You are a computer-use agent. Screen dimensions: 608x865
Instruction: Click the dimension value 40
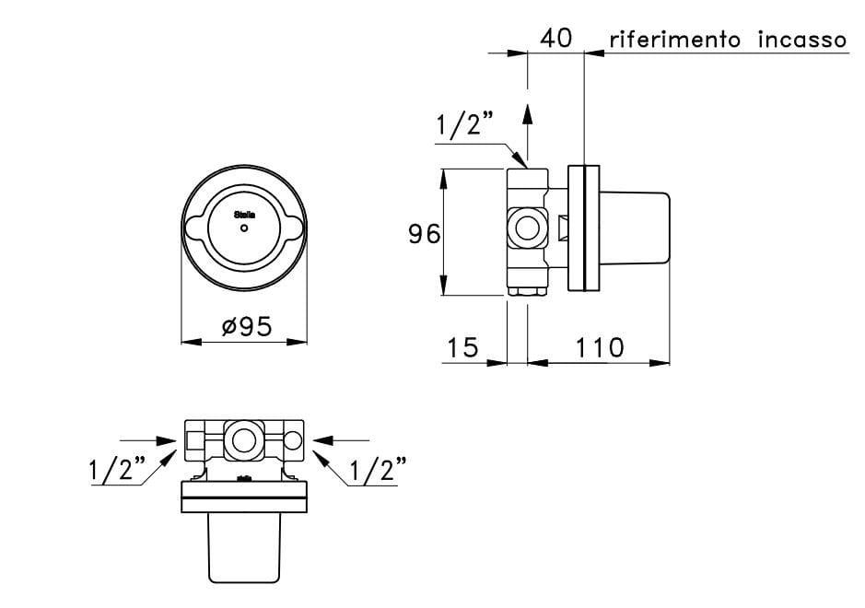point(556,39)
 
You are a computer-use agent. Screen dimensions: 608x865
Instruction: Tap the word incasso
point(801,40)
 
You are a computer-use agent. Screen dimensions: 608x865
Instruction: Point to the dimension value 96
point(424,234)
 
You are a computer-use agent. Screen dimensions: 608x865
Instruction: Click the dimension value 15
point(463,347)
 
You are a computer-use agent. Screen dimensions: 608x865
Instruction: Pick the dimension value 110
point(600,347)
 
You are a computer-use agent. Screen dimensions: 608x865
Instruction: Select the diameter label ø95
point(247,327)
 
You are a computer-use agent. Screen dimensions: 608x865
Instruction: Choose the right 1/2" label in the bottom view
point(374,470)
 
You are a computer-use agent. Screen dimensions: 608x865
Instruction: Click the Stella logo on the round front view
point(244,213)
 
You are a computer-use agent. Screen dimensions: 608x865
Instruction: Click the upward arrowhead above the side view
point(527,112)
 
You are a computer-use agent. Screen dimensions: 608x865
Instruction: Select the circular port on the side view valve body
point(528,227)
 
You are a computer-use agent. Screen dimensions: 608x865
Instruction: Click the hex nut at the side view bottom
point(528,292)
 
